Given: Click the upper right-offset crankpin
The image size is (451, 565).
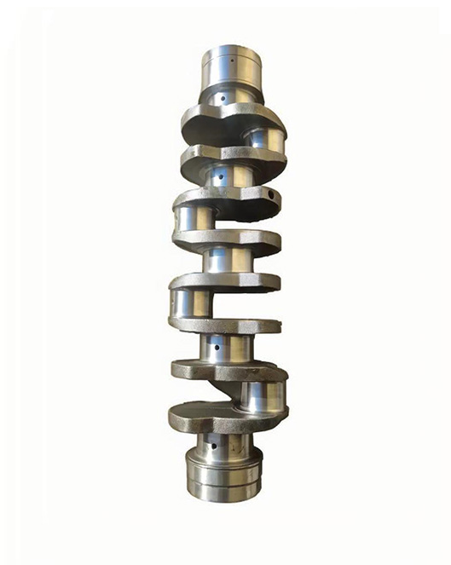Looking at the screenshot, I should (x=263, y=136).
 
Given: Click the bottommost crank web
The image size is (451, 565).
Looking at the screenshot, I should (x=225, y=418).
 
